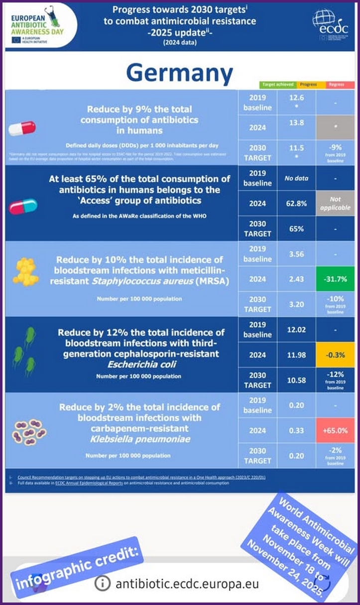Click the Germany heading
(179, 73)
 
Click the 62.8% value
(297, 203)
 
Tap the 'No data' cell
(297, 178)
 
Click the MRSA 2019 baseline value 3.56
(297, 254)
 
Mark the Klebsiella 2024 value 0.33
(297, 431)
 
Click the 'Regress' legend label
(337, 85)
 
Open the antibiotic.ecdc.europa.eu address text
(187, 584)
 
